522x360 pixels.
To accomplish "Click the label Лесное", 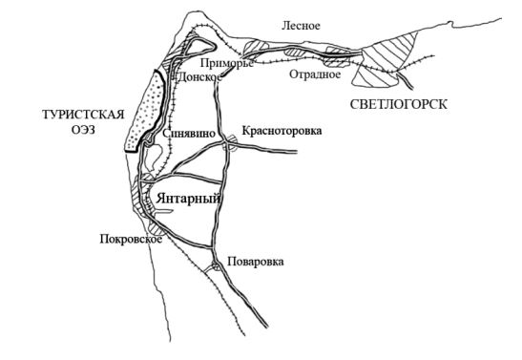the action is point(302,26).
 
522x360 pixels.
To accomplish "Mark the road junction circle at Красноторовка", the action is point(231,143).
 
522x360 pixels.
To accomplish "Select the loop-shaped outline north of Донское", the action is point(200,52).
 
